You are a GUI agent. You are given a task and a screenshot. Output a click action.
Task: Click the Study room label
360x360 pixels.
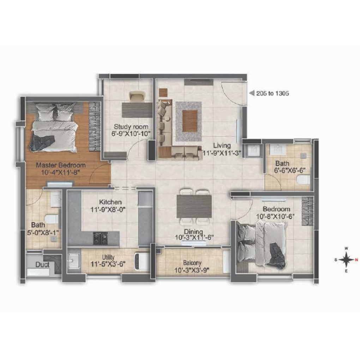click(x=131, y=126)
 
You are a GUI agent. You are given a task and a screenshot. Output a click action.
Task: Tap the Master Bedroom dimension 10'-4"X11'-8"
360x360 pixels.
click(x=61, y=172)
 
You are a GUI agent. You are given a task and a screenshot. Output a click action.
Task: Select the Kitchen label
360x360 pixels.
click(x=110, y=202)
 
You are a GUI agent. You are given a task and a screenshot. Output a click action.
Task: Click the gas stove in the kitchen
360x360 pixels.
click(x=100, y=238)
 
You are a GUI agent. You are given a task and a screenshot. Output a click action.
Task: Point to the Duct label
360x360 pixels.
click(x=42, y=264)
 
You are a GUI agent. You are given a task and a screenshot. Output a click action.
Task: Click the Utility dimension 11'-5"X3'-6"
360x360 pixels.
click(x=108, y=264)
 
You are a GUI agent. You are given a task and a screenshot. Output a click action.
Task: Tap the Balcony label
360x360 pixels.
click(x=192, y=263)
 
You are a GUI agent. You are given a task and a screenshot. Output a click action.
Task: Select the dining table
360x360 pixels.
click(x=194, y=206)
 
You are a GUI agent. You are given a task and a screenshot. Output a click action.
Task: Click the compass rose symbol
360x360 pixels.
click(x=347, y=260)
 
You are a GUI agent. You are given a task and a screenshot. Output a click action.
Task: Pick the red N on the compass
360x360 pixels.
click(x=356, y=260)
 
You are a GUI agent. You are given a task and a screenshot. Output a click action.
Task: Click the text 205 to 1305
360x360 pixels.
click(x=272, y=94)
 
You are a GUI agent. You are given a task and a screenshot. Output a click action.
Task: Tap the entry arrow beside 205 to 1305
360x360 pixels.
click(x=252, y=93)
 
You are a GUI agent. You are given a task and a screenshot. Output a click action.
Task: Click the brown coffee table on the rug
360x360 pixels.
click(x=190, y=121)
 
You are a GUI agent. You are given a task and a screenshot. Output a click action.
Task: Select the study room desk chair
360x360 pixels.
click(x=137, y=96)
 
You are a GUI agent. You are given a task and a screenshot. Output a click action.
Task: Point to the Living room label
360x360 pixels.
click(x=222, y=145)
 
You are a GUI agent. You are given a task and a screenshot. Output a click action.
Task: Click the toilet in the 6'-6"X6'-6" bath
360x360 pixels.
click(x=304, y=180)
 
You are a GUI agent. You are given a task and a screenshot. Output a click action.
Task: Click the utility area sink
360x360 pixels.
click(x=74, y=261)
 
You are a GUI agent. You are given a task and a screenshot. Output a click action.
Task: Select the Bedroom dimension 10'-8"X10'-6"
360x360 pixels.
click(x=275, y=216)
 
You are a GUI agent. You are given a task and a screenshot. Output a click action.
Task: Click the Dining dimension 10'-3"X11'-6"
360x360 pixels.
click(x=194, y=238)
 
